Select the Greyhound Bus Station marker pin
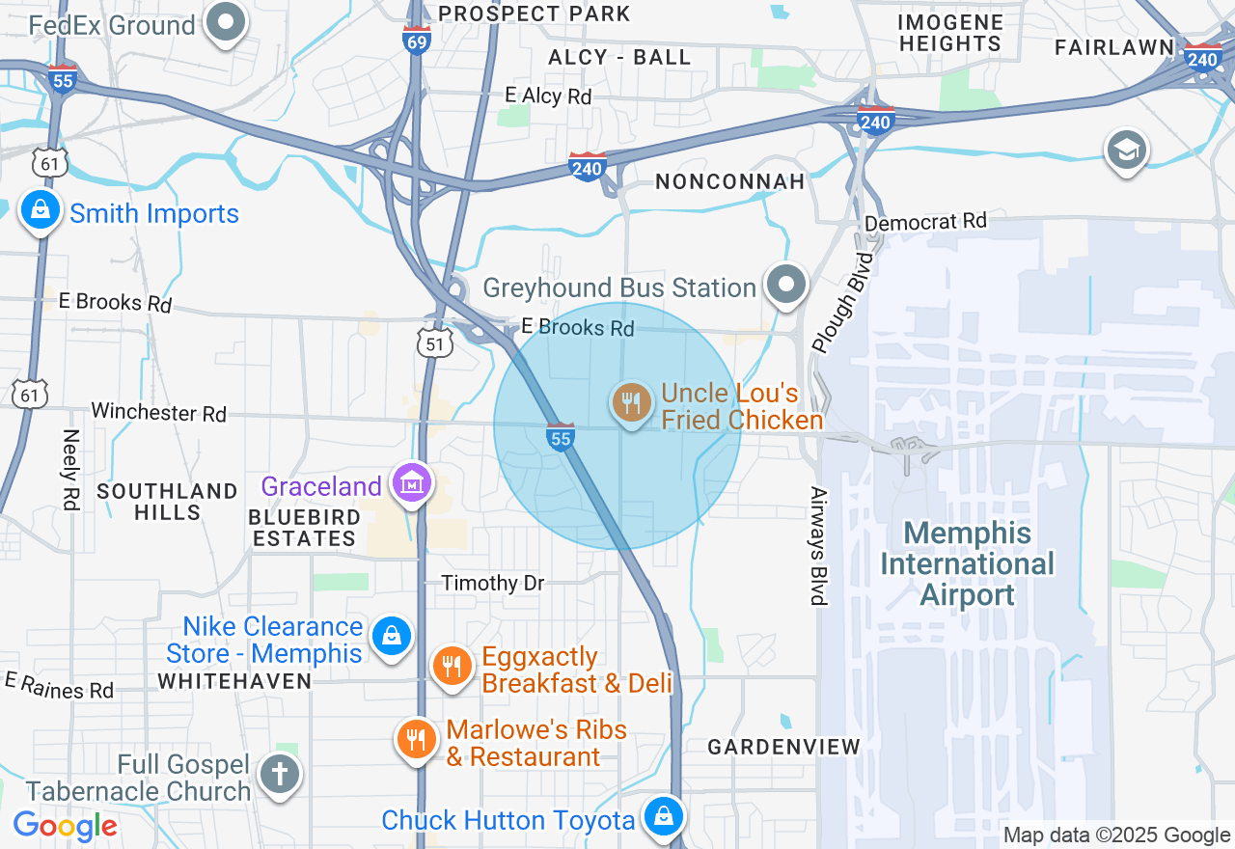click(786, 285)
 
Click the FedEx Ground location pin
click(228, 21)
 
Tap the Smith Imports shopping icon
click(41, 209)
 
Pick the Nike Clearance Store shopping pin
click(391, 637)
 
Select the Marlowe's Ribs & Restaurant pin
click(416, 740)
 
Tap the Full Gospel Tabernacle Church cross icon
click(280, 774)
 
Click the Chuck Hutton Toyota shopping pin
click(664, 815)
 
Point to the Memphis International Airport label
click(968, 563)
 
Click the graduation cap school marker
click(1126, 151)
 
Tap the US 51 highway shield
click(435, 343)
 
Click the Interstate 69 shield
click(417, 41)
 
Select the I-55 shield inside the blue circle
click(561, 437)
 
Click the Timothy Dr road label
click(492, 583)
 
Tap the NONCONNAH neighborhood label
click(729, 181)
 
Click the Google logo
click(66, 826)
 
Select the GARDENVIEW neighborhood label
click(783, 747)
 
